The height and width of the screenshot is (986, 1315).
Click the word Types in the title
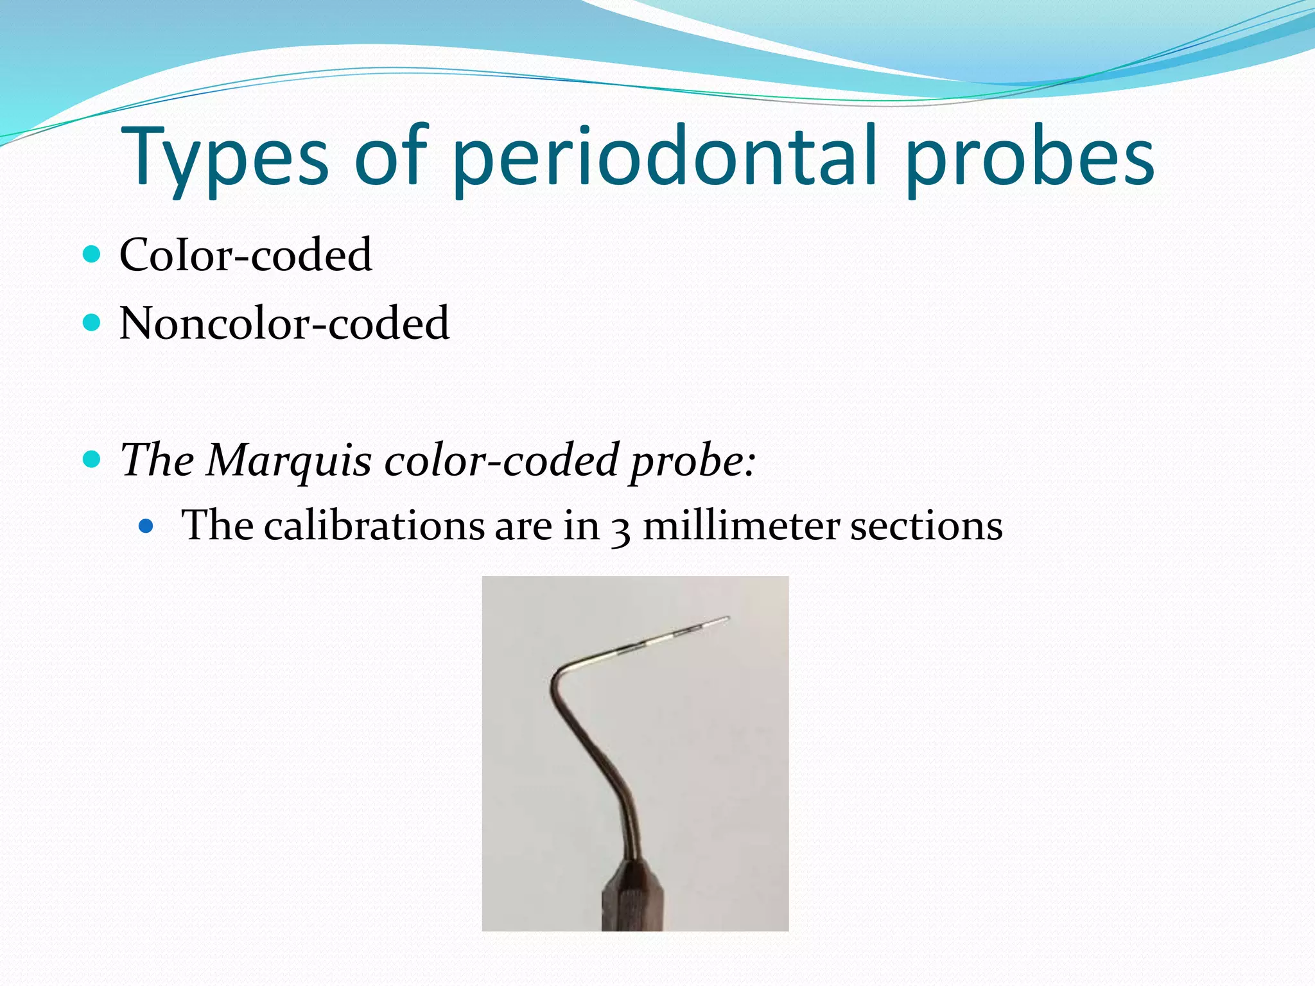[224, 158]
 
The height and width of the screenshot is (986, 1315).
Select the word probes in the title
[1030, 158]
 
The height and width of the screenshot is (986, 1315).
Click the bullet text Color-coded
[245, 255]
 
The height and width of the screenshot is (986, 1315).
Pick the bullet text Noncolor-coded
[284, 323]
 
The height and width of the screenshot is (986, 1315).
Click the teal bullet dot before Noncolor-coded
[92, 322]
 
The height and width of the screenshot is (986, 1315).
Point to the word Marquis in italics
[288, 460]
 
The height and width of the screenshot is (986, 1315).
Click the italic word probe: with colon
[692, 461]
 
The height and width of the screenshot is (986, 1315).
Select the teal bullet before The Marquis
[92, 459]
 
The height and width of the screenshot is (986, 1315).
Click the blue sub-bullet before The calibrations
[147, 526]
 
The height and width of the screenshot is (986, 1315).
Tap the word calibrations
[374, 525]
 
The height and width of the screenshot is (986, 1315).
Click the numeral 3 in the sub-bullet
[620, 530]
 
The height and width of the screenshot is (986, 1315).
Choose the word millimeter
[740, 525]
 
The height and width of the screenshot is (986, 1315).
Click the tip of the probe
[727, 619]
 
